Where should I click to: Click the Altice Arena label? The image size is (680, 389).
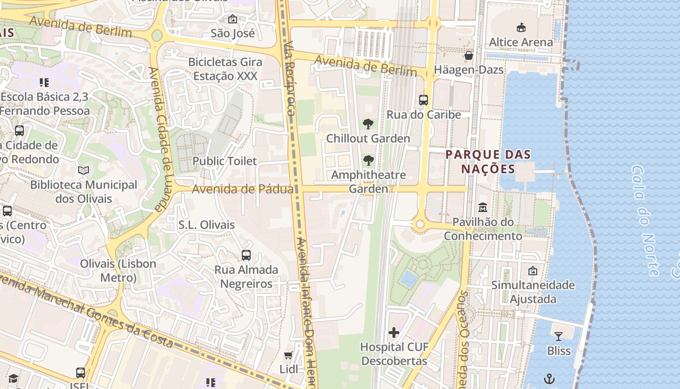(x=521, y=42)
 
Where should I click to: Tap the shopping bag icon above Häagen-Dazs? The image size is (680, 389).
(x=469, y=55)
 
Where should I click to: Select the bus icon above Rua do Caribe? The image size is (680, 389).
(x=424, y=100)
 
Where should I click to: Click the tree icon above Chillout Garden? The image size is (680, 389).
(x=368, y=124)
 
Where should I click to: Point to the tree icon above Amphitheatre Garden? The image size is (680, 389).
(x=369, y=160)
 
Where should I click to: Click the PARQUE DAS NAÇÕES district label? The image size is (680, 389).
(x=488, y=162)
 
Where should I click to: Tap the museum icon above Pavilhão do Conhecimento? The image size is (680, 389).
(x=483, y=208)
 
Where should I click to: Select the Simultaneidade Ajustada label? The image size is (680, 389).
(x=533, y=292)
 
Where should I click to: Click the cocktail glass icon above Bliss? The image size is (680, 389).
(x=559, y=336)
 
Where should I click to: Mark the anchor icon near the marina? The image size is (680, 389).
(x=549, y=378)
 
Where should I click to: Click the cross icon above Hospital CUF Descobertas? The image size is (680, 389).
(x=394, y=333)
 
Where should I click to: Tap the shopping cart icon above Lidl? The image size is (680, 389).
(x=289, y=355)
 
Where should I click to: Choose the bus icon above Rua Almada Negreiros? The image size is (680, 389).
(x=246, y=255)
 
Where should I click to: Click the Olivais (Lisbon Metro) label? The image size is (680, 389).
(x=118, y=271)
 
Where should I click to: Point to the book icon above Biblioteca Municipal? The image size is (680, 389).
(x=84, y=171)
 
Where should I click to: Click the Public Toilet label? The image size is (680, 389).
(x=224, y=161)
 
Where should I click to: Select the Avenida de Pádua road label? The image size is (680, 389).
(x=242, y=189)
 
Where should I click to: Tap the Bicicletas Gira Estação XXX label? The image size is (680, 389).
(x=225, y=69)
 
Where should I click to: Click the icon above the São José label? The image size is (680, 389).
(x=233, y=19)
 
